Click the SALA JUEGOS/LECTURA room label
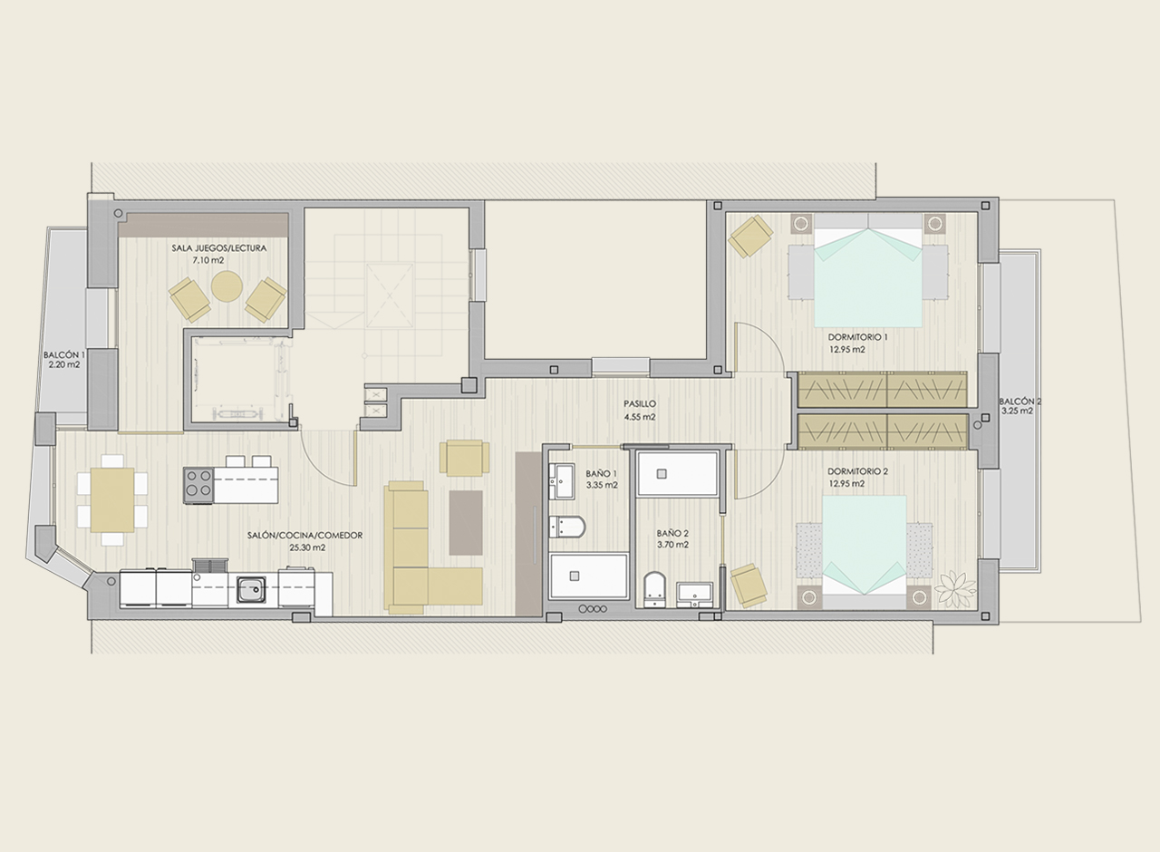pyautogui.click(x=219, y=248)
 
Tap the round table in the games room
pyautogui.click(x=227, y=286)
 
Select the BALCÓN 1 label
pyautogui.click(x=64, y=354)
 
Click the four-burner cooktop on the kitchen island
pyautogui.click(x=198, y=485)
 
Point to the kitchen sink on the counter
pyautogui.click(x=251, y=590)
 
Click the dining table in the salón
pyautogui.click(x=112, y=499)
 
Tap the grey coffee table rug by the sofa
pyautogui.click(x=466, y=523)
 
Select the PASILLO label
pyautogui.click(x=640, y=403)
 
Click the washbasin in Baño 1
pyautogui.click(x=561, y=481)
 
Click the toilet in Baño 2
pyautogui.click(x=655, y=589)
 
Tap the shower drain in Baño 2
pyautogui.click(x=662, y=473)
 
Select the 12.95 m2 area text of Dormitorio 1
pyautogui.click(x=847, y=349)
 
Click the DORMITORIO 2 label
pyautogui.click(x=857, y=471)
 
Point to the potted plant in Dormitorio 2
pyautogui.click(x=955, y=590)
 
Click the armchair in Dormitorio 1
pyautogui.click(x=750, y=237)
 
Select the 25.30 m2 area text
pyautogui.click(x=307, y=547)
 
